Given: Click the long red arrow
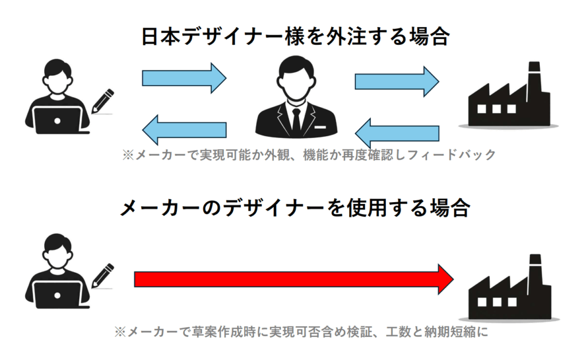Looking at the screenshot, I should pos(293,279).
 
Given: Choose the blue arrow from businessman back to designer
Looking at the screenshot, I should pos(184,130).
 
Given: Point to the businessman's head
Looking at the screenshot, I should pos(296,75).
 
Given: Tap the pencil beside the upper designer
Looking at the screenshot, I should pos(102,101).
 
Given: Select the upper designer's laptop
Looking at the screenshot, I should pos(57,121).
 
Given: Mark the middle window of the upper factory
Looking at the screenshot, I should pos(494,109).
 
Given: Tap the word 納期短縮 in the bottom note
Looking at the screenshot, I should pos(453,332).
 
